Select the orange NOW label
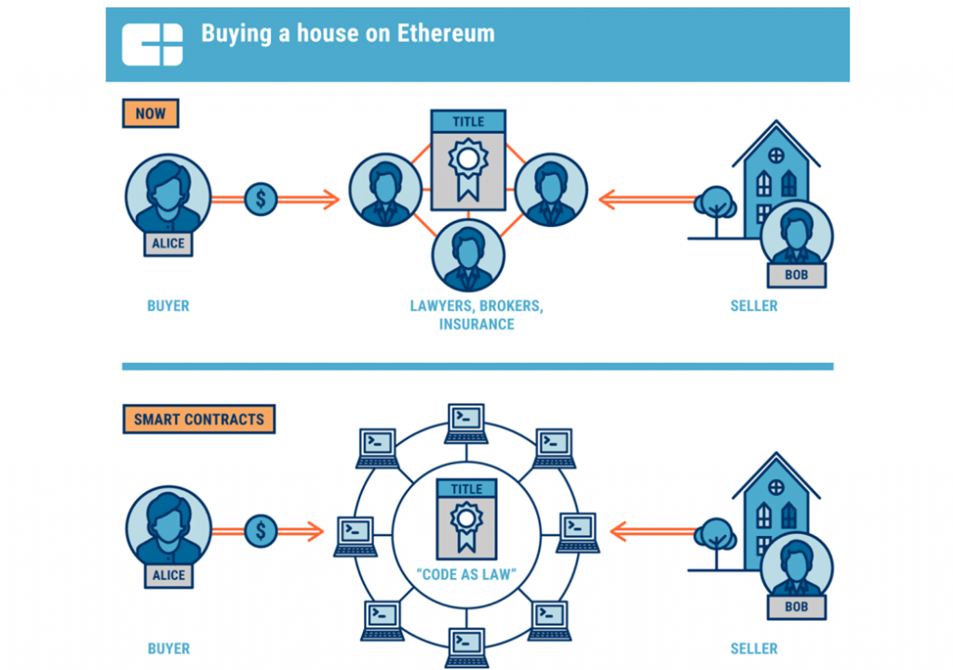pyautogui.click(x=150, y=114)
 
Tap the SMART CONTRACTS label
pyautogui.click(x=198, y=419)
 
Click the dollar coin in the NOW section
pyautogui.click(x=261, y=198)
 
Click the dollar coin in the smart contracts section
pyautogui.click(x=261, y=531)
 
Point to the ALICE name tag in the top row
pyautogui.click(x=168, y=244)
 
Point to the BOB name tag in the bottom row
pyautogui.click(x=796, y=606)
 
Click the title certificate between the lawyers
pyautogui.click(x=468, y=160)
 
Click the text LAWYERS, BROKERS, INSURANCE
pyautogui.click(x=476, y=315)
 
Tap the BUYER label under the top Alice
pyautogui.click(x=168, y=305)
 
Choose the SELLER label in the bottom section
pyautogui.click(x=754, y=648)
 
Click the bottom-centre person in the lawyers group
pyautogui.click(x=468, y=254)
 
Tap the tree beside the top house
pyautogui.click(x=715, y=205)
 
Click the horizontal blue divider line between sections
pyautogui.click(x=476, y=367)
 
